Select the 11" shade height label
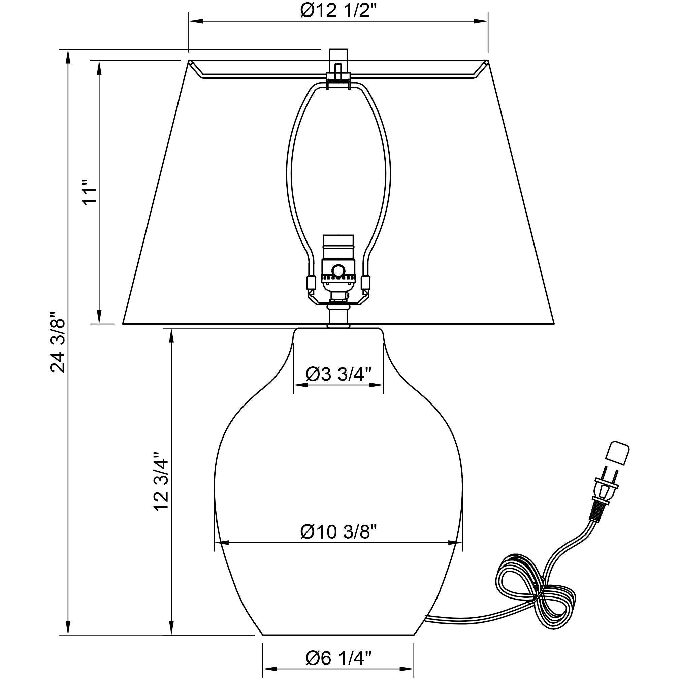coord(89,192)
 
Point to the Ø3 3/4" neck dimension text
coord(338,374)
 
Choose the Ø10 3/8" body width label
coord(338,532)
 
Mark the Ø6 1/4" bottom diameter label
coord(338,657)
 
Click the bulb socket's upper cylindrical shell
coord(338,247)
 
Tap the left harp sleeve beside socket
coord(310,282)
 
